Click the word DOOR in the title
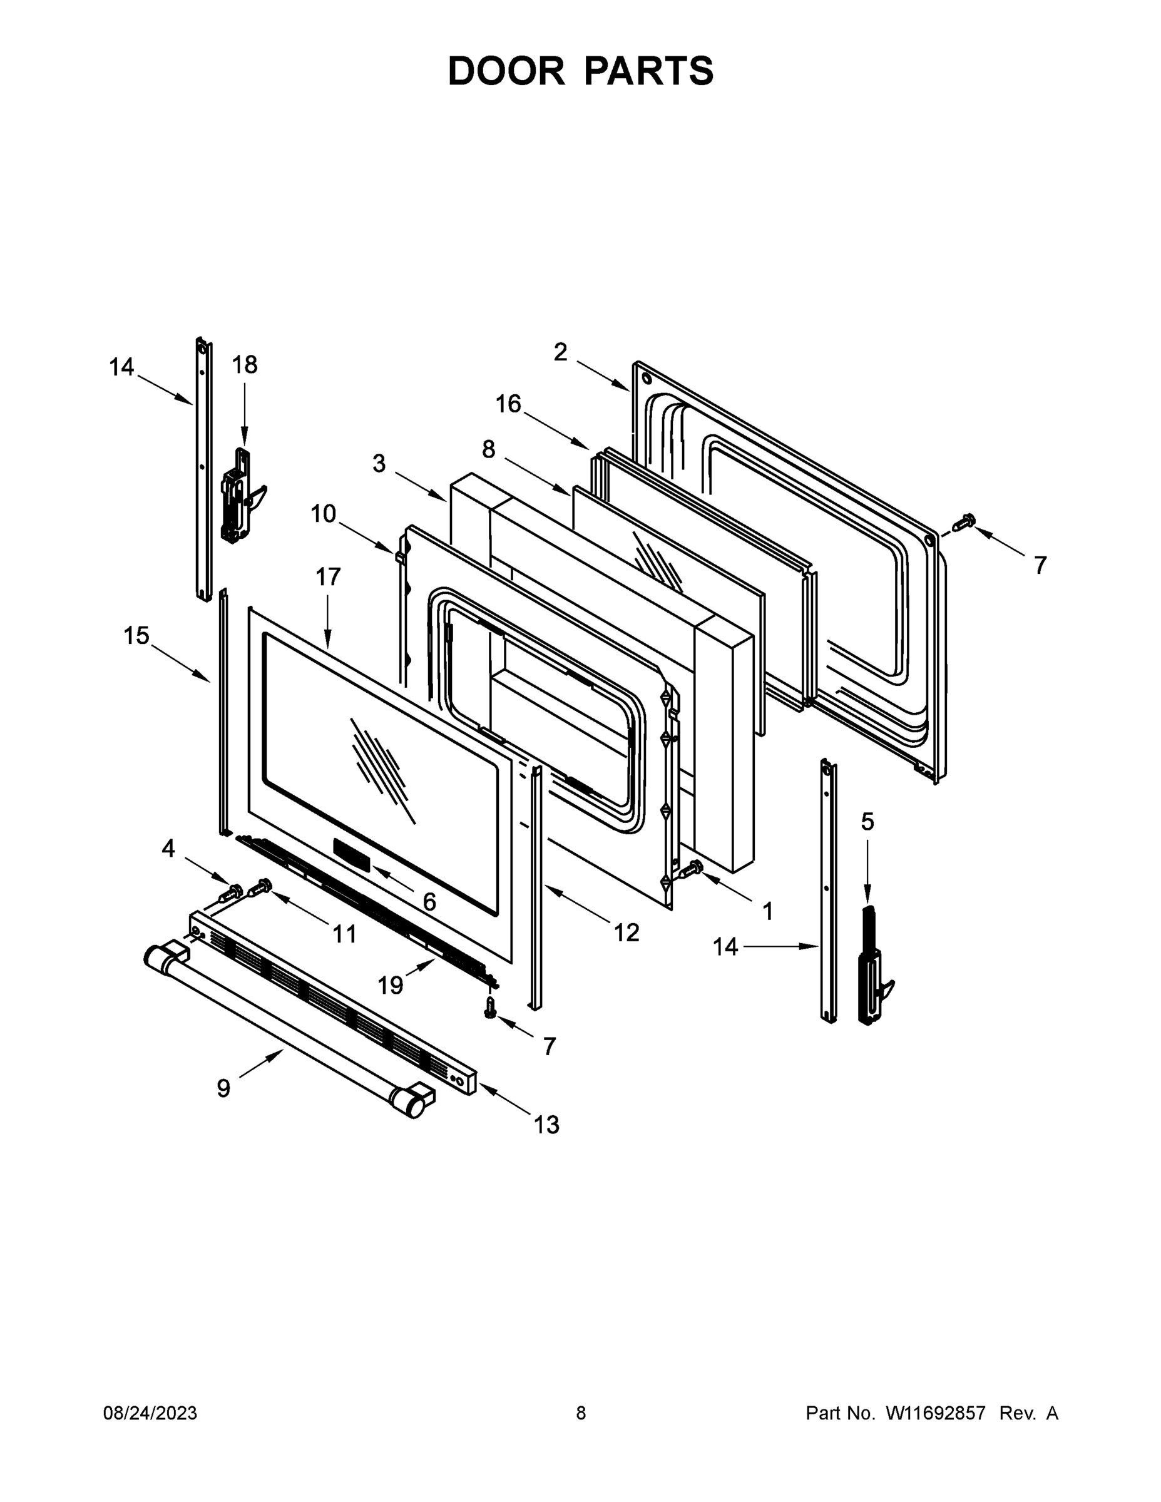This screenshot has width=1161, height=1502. [506, 71]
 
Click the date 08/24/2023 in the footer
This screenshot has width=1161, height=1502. [150, 1413]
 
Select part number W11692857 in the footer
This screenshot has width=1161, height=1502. [936, 1413]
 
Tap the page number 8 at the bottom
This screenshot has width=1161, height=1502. [581, 1413]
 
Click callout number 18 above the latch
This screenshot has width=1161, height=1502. [244, 364]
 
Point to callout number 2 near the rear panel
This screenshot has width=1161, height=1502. [561, 352]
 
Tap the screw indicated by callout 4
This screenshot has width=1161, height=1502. [232, 892]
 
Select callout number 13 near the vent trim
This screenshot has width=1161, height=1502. [547, 1125]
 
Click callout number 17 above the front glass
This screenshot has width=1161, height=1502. [328, 576]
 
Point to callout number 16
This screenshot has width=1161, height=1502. [508, 404]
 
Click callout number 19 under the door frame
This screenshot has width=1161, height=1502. [390, 986]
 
